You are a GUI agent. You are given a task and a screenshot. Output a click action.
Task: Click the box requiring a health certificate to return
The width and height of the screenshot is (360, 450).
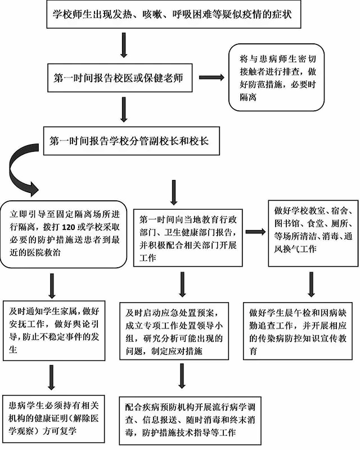coord(54,416)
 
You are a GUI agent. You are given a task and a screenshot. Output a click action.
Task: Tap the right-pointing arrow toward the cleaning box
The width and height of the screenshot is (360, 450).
coord(255,231)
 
